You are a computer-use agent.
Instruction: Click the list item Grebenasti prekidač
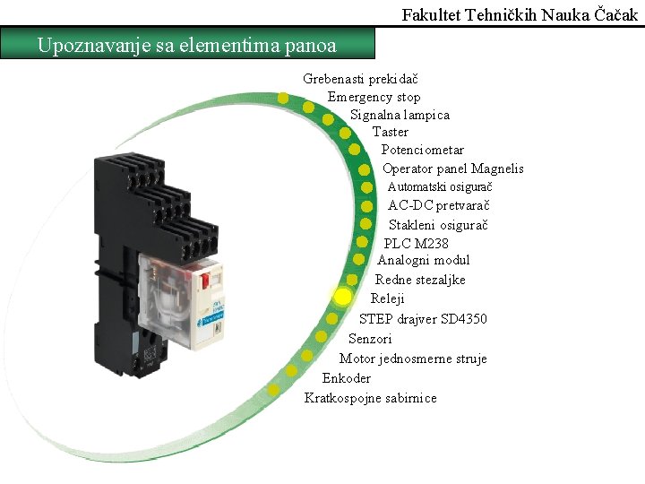coord(356,80)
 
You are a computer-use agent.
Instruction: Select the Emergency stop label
coord(374,97)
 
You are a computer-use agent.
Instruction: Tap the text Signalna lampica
coord(400,115)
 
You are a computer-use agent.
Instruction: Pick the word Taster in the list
coord(391,132)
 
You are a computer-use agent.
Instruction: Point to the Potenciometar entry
coord(423,150)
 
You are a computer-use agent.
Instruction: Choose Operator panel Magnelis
coord(452,169)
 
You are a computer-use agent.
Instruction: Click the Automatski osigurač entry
coord(440,186)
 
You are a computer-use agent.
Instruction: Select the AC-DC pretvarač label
coord(438,205)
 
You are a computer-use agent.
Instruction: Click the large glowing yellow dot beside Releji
coord(342,297)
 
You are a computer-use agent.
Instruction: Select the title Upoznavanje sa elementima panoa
coord(187,44)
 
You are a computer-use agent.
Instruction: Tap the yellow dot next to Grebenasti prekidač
coord(283,99)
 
